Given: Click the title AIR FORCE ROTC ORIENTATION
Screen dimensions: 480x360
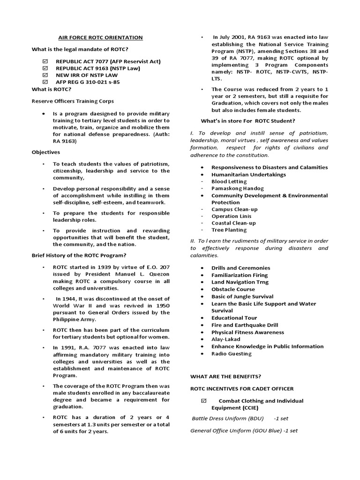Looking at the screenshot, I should [x=100, y=37].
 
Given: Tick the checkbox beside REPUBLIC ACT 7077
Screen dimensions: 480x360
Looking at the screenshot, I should [x=45, y=61].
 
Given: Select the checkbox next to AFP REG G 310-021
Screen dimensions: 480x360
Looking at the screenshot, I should [x=45, y=82].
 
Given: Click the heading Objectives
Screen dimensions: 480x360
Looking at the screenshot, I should [x=46, y=152].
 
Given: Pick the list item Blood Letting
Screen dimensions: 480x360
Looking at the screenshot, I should [x=228, y=181].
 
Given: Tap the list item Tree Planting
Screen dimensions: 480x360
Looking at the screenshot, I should [x=229, y=230].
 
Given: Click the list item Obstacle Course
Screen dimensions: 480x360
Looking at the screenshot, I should [x=233, y=289].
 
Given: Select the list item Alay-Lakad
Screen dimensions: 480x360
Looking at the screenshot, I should [x=225, y=339].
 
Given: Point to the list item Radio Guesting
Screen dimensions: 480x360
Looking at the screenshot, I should [x=231, y=354].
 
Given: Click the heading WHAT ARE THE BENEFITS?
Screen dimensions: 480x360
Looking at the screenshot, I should [x=225, y=376].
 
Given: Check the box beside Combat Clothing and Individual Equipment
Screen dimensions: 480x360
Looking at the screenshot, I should [x=203, y=401].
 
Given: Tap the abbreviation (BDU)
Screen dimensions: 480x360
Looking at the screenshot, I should [x=253, y=418].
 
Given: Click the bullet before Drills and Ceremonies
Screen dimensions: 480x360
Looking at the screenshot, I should [x=202, y=268].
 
